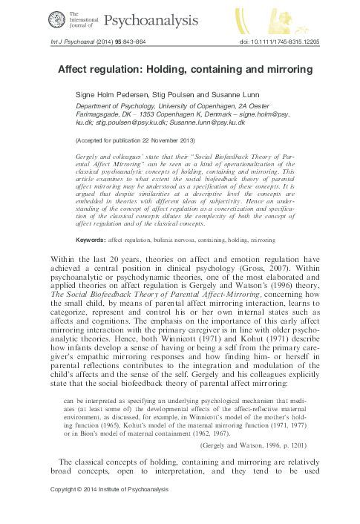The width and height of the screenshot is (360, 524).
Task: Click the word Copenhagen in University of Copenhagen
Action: click(x=225, y=106)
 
